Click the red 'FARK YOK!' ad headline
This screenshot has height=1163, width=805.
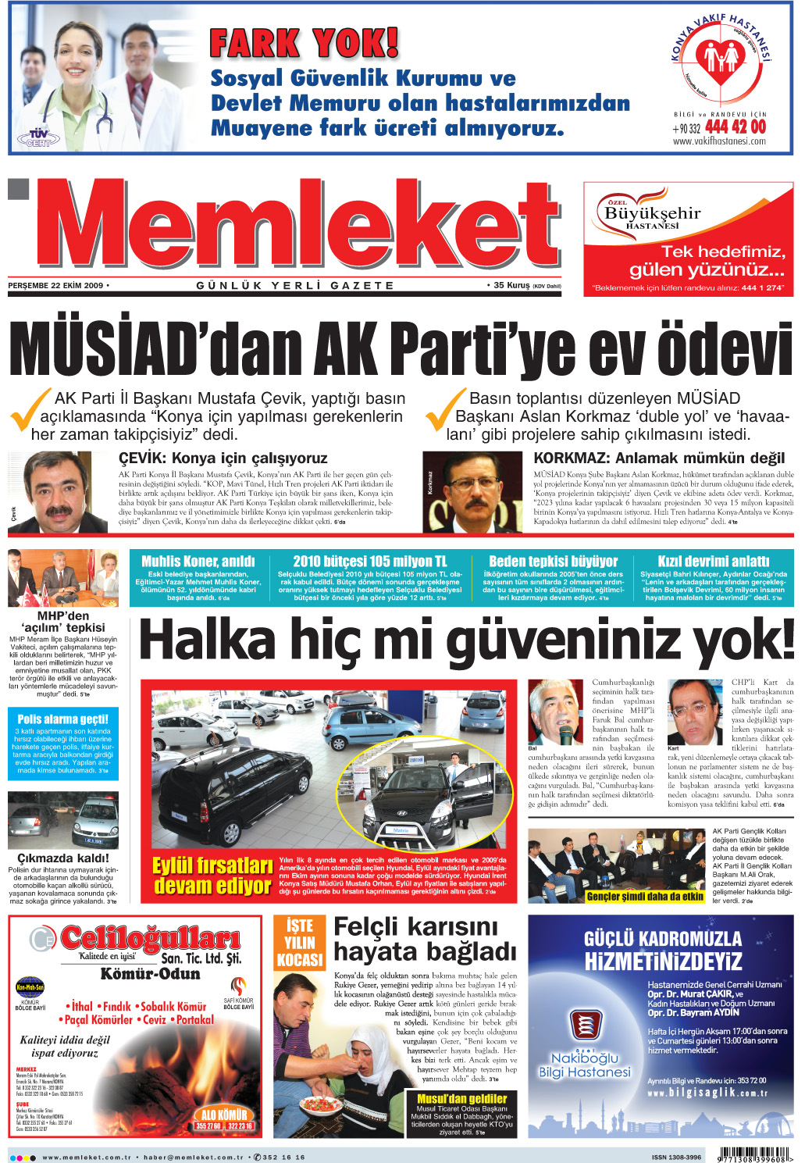(x=304, y=44)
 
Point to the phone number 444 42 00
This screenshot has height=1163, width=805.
(x=735, y=127)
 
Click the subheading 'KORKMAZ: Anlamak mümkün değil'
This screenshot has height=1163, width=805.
(x=659, y=458)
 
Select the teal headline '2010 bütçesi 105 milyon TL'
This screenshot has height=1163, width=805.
(x=370, y=561)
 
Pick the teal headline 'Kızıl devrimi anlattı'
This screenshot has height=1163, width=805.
(x=713, y=561)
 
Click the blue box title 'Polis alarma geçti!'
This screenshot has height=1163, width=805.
(x=62, y=719)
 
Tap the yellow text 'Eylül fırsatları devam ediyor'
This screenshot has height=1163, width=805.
(x=212, y=876)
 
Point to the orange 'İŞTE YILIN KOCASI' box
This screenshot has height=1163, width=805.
(x=300, y=942)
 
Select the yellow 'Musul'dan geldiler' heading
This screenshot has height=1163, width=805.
(x=461, y=1098)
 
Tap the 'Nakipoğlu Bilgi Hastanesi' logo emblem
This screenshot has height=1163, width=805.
(x=585, y=1026)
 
